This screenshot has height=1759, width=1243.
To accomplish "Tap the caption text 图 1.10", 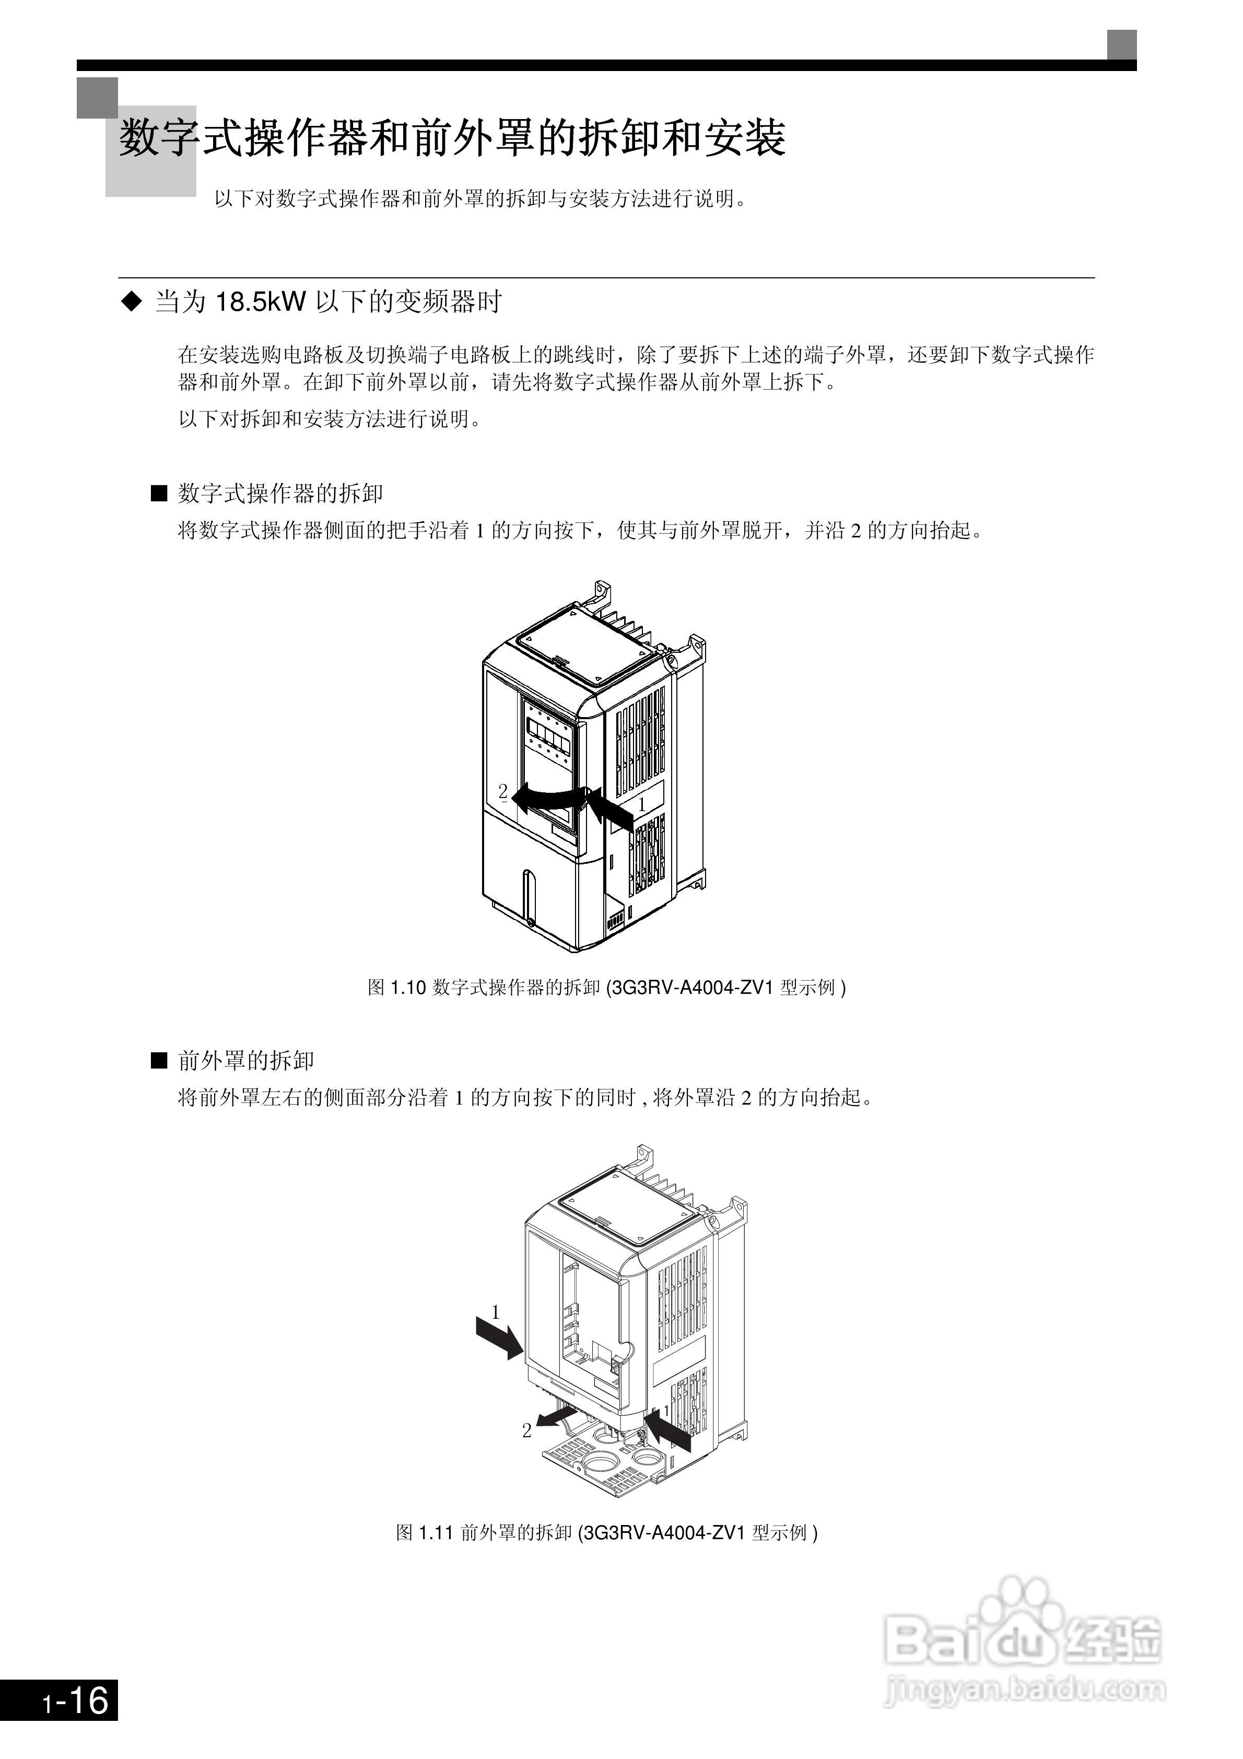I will (396, 988).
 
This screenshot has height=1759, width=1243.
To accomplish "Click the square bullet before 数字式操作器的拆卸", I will (159, 494).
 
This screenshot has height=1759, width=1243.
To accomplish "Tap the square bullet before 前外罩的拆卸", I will (159, 1061).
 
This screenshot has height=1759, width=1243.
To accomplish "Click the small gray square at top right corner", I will (1121, 44).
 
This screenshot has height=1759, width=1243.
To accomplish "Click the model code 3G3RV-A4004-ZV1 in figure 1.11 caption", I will (664, 1532).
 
